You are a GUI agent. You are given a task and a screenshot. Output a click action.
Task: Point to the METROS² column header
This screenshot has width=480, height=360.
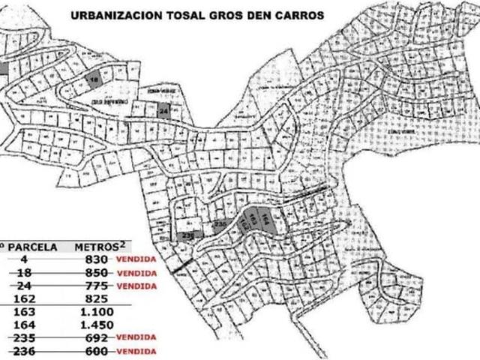[x=98, y=245]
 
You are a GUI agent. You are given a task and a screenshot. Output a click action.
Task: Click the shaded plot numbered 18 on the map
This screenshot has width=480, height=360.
[x=94, y=79]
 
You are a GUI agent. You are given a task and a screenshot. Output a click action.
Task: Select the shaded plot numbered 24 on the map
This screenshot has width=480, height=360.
[x=165, y=111]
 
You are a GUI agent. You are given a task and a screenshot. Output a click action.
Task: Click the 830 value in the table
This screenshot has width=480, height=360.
[x=97, y=259]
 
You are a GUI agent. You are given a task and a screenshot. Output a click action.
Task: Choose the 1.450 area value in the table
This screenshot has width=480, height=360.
[x=97, y=325]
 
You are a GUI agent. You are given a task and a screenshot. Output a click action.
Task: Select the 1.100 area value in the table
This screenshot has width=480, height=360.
[x=97, y=311]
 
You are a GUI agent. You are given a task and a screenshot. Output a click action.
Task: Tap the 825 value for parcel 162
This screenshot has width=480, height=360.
[x=97, y=298]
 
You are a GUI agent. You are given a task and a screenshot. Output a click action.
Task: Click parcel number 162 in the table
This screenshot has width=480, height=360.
[x=25, y=298]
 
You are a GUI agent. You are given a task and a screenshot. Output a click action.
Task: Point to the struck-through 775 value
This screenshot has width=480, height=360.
[x=97, y=285]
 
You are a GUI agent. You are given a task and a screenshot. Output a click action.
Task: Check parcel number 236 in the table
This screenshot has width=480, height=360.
[x=25, y=351]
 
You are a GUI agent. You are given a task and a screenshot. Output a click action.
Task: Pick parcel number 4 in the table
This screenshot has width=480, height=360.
[x=25, y=259]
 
